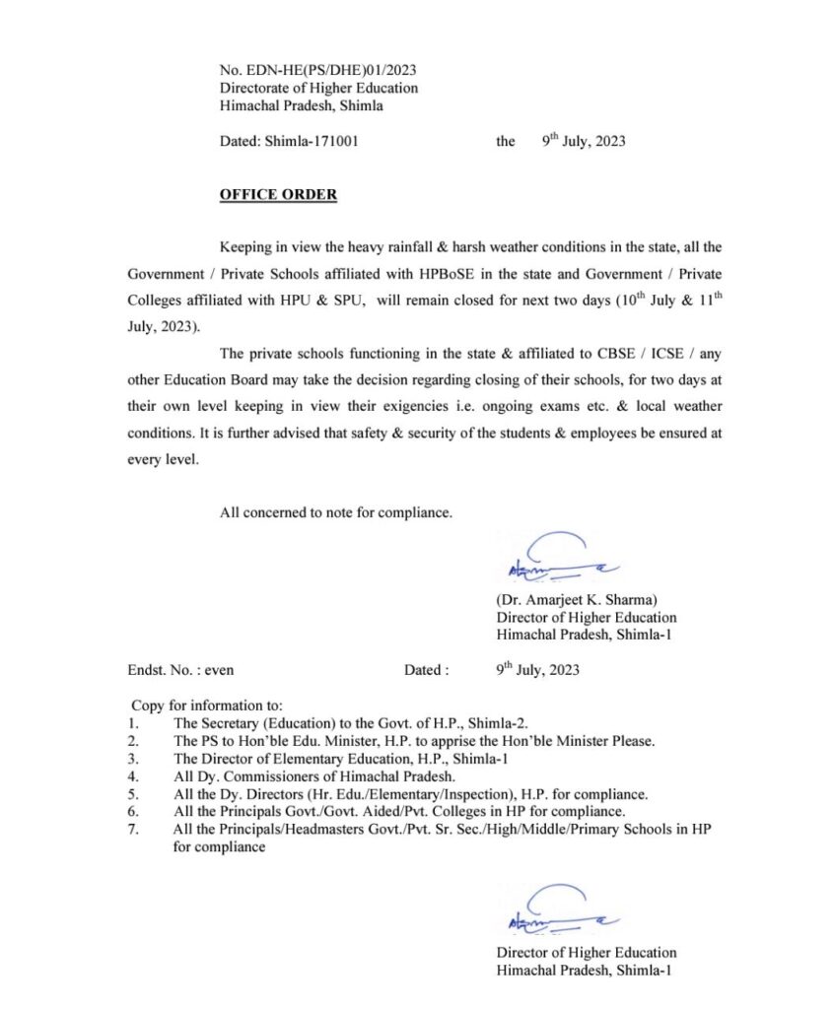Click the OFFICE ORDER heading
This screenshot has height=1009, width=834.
point(278,195)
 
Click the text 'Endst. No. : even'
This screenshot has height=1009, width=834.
point(181,670)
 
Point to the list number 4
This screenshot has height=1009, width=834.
point(133,776)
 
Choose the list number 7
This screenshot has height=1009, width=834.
point(133,829)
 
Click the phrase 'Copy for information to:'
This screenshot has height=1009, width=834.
point(207,706)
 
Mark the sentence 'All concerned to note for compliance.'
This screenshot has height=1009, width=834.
point(336,511)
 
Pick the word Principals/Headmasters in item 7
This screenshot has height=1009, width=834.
point(268,829)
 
